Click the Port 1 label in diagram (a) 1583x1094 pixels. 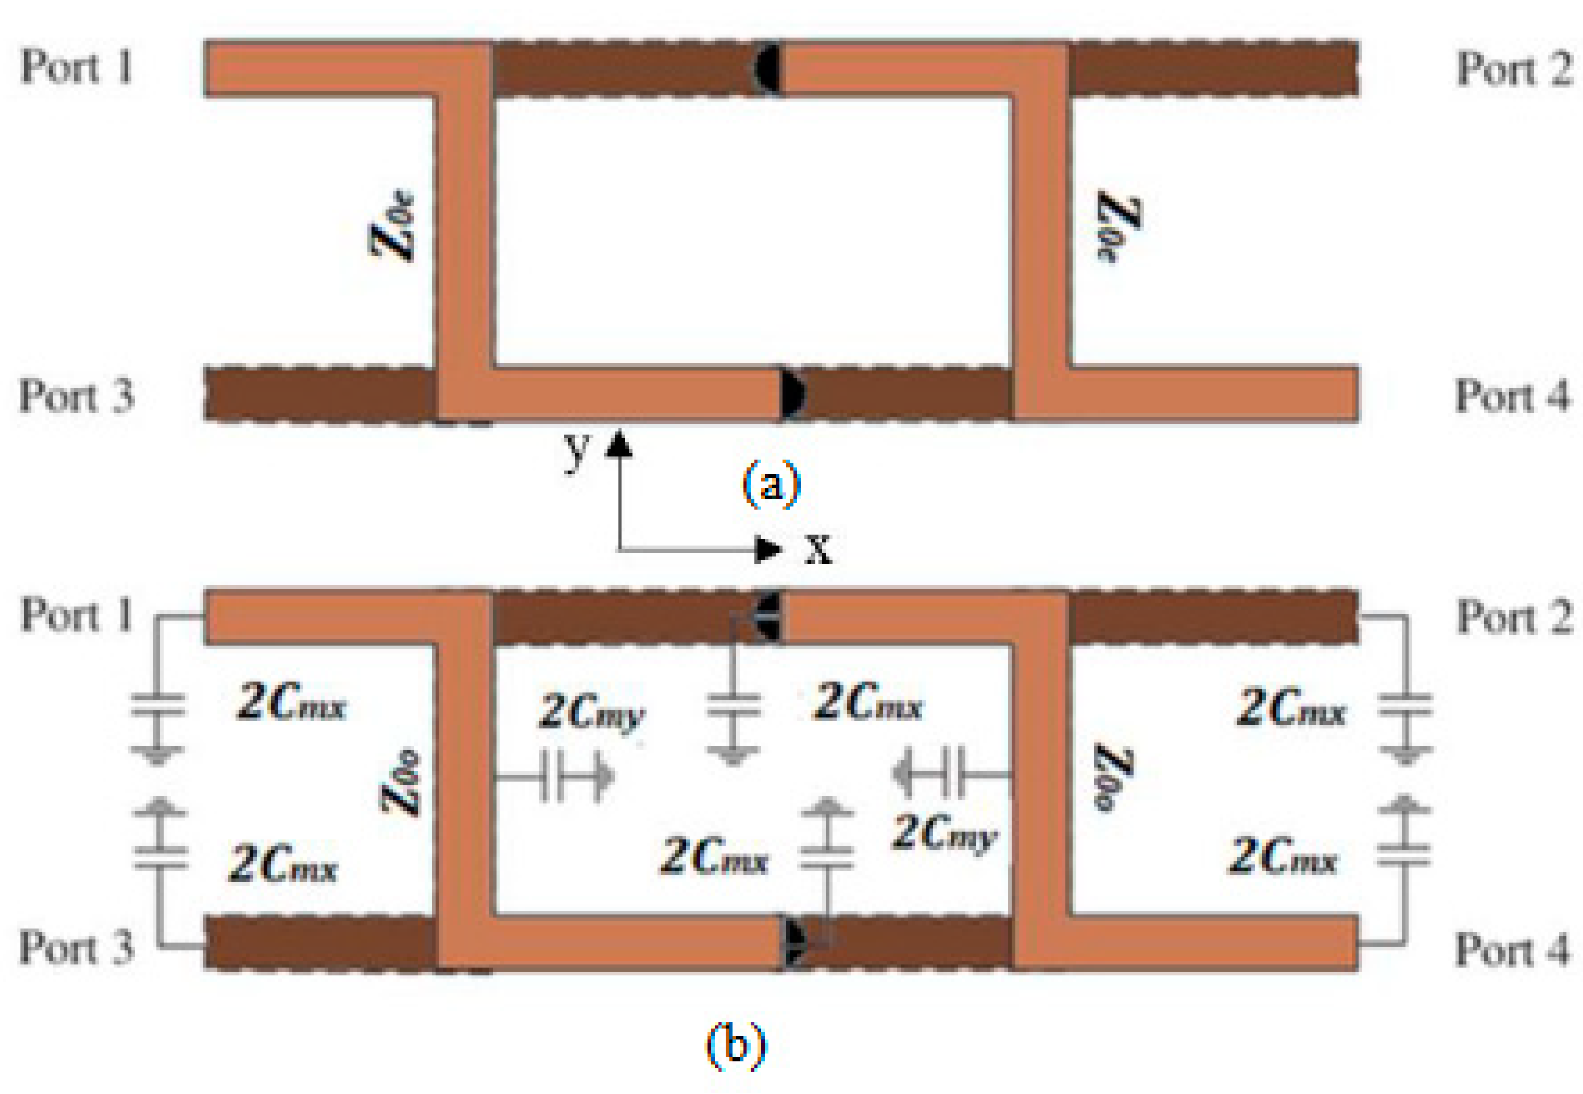tap(76, 66)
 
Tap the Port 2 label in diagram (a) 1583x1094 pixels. tap(1515, 68)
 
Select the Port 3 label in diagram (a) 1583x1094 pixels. tap(76, 396)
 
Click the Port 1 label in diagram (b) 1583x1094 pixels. tap(76, 614)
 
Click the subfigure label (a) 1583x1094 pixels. tap(772, 484)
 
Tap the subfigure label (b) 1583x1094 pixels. tap(736, 1045)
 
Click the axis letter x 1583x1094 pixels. tap(818, 549)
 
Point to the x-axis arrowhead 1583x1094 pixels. tap(768, 549)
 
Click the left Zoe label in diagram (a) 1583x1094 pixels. tap(393, 225)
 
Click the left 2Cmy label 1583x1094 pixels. tap(592, 713)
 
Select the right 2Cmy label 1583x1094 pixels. tap(944, 835)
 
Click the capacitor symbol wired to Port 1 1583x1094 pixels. tap(158, 705)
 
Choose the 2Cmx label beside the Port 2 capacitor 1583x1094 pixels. tap(1291, 708)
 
